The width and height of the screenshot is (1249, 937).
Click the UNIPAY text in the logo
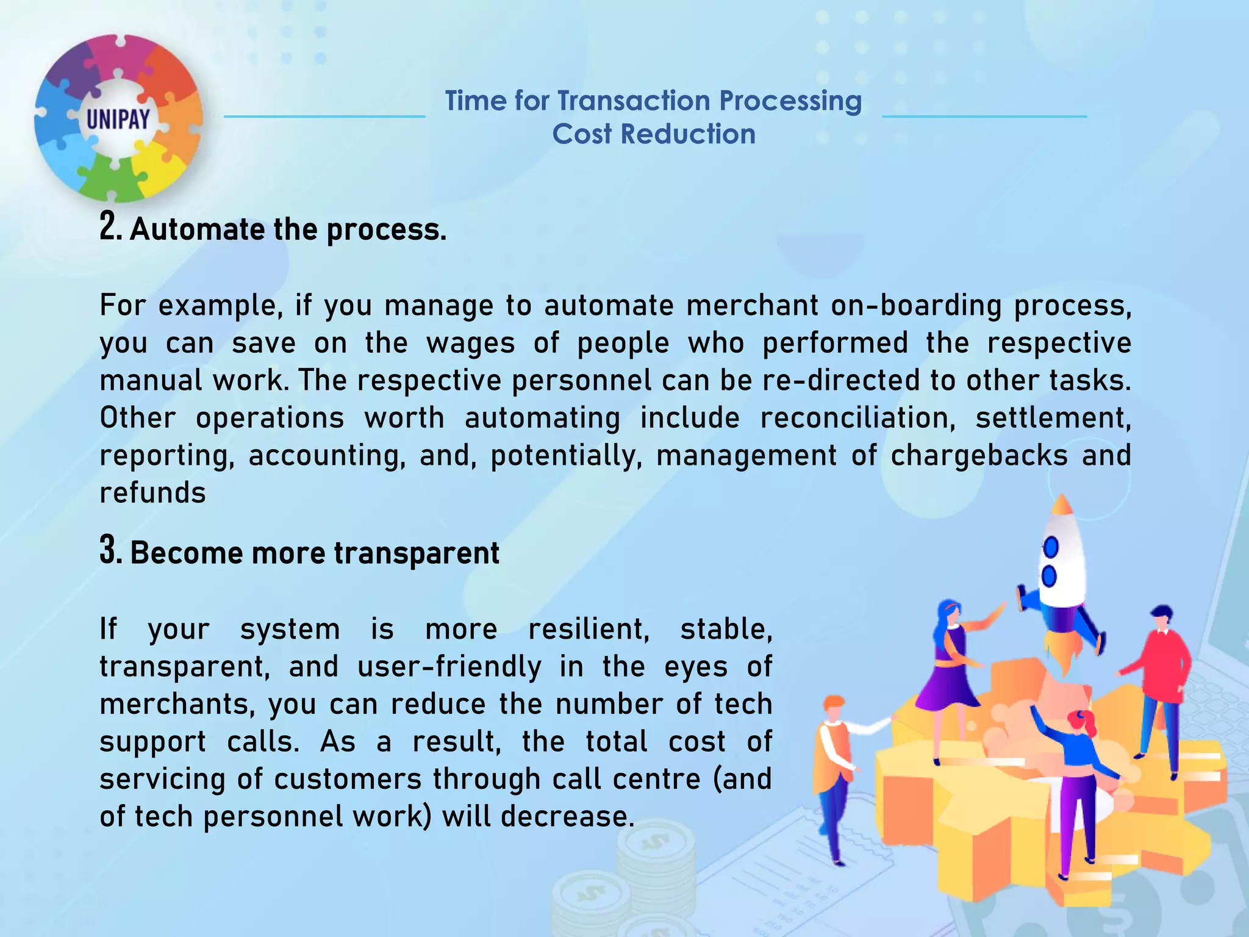(118, 119)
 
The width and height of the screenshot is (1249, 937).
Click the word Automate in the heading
(196, 230)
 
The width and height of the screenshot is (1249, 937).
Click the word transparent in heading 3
(417, 553)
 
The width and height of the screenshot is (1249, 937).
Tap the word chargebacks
(979, 456)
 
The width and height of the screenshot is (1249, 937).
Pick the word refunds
(152, 493)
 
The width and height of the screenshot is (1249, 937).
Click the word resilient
(589, 630)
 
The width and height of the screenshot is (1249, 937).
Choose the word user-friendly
(449, 667)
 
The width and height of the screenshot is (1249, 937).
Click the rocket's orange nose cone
(1062, 504)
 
